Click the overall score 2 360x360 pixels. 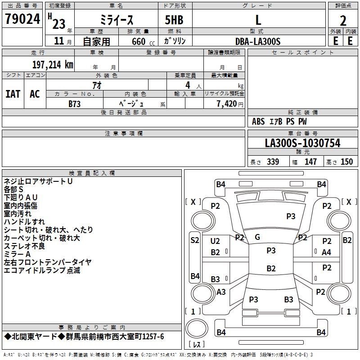343,20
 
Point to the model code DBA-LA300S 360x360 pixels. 258,41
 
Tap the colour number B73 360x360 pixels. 75,103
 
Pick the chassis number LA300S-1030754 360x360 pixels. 302,144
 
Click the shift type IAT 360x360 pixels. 13,94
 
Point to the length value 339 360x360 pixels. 272,162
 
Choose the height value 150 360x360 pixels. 346,162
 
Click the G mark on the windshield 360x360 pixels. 257,237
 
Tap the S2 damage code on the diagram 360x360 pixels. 194,240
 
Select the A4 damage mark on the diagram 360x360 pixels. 327,252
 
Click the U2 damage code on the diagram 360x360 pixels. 215,241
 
